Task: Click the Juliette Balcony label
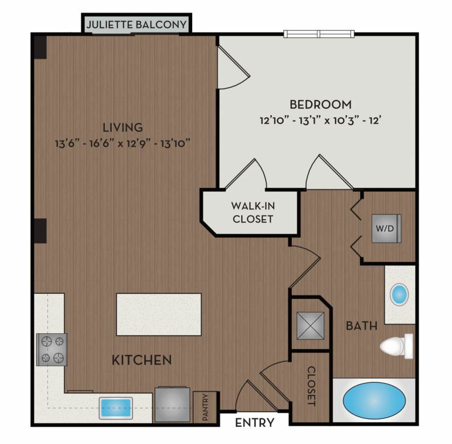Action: pos(136,25)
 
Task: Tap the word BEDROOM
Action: pos(320,104)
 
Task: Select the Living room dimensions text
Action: pos(123,143)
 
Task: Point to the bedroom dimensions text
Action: pos(320,120)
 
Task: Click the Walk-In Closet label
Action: pos(253,212)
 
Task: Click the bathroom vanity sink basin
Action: pos(399,294)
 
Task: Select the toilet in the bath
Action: pos(396,346)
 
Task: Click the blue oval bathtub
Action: pos(374,401)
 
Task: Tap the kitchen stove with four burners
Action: pos(52,350)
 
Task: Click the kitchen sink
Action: pos(116,408)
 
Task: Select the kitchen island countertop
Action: pos(159,314)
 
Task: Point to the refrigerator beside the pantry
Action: pos(172,405)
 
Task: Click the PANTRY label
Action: pos(205,407)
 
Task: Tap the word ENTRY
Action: pos(255,423)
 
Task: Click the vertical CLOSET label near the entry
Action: pos(311,386)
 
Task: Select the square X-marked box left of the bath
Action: pos(310,326)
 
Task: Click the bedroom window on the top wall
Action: pos(319,34)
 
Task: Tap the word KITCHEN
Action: pos(142,360)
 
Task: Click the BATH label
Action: pos(362,326)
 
